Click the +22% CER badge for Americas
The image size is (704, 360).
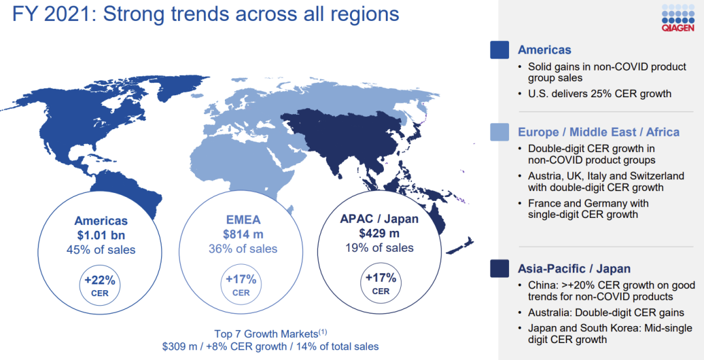tap(100, 285)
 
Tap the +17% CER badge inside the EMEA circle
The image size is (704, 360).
tap(241, 285)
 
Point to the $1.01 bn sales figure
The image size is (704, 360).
tap(100, 235)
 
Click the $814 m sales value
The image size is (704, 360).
tap(242, 235)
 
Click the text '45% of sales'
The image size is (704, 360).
tap(100, 249)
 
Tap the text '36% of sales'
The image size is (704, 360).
tap(242, 248)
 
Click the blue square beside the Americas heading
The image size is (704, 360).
tap(499, 50)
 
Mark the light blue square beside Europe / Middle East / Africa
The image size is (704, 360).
tap(499, 132)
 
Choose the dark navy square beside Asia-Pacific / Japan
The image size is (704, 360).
tap(499, 269)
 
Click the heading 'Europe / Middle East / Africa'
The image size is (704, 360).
tap(598, 132)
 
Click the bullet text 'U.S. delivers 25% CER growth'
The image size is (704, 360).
tap(599, 93)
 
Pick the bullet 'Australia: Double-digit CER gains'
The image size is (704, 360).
tap(606, 312)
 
